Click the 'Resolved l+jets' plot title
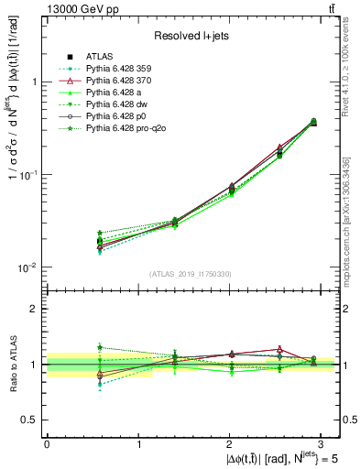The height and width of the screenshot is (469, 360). [x=191, y=35]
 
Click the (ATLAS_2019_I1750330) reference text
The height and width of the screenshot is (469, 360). [x=191, y=274]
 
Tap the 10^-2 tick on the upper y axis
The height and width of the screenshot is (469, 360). [x=27, y=267]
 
